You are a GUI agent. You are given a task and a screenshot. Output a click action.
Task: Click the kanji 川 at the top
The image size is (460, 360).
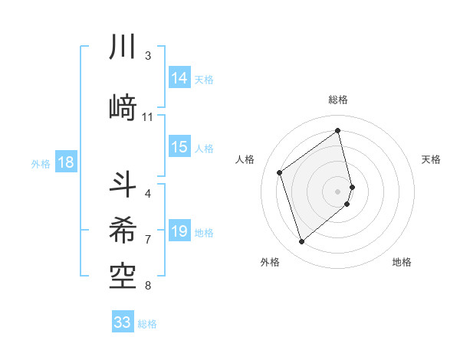click(x=123, y=47)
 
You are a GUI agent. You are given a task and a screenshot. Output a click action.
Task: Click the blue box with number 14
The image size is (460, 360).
click(x=179, y=78)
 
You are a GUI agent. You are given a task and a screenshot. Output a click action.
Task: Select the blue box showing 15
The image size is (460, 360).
click(x=179, y=147)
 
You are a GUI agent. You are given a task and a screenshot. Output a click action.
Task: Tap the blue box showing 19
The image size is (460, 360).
click(x=179, y=231)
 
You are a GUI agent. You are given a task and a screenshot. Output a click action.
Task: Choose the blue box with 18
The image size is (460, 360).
click(x=65, y=162)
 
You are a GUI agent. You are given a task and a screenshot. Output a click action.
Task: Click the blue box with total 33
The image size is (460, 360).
click(x=123, y=322)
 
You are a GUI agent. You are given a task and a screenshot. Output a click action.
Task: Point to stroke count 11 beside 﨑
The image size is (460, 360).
click(x=148, y=117)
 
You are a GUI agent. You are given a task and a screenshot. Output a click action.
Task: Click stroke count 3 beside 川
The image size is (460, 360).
click(x=148, y=55)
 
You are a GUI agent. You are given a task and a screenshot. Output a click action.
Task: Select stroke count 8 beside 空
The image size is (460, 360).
click(x=148, y=286)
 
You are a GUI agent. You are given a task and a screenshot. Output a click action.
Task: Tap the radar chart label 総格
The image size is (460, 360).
click(x=338, y=100)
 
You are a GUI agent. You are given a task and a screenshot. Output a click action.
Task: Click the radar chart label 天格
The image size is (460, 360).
click(x=432, y=159)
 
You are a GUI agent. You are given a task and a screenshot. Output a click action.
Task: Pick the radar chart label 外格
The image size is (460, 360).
click(x=270, y=262)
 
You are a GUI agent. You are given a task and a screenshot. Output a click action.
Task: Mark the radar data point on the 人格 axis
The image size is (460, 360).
click(x=280, y=172)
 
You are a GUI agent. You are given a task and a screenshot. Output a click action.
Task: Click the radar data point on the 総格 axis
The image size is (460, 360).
click(x=338, y=131)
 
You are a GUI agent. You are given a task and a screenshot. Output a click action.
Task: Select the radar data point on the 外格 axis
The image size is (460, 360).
click(x=301, y=242)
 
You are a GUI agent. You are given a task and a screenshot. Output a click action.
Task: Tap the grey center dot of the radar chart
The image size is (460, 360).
click(x=338, y=191)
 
